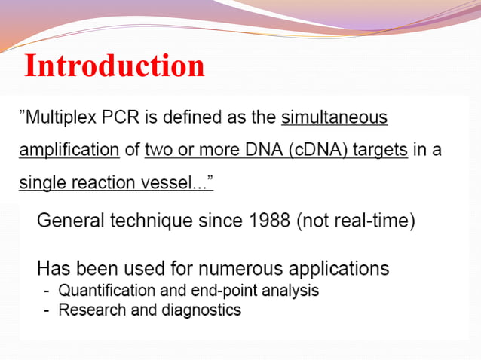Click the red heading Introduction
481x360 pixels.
(x=115, y=66)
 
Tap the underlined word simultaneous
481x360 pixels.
(x=334, y=117)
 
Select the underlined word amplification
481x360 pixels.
(x=69, y=150)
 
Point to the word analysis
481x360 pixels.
(x=290, y=291)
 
